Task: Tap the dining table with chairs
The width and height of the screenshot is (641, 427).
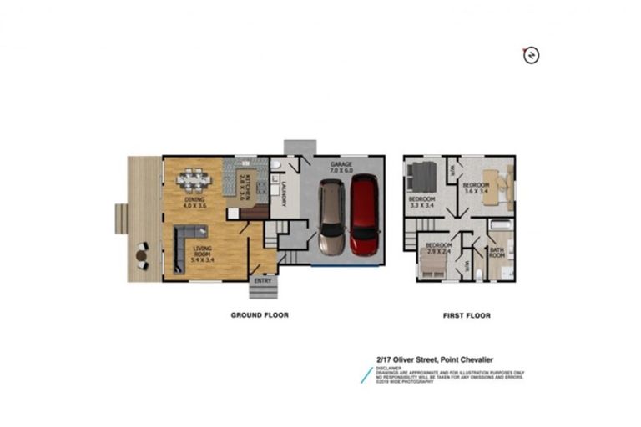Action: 194,179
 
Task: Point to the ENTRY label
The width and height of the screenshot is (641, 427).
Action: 262,281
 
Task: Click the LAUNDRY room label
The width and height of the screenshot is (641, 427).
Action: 285,193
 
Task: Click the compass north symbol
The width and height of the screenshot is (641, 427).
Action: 529,55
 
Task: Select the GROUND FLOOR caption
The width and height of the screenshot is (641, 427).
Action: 260,315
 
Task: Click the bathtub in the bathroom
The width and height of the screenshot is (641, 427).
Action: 501,224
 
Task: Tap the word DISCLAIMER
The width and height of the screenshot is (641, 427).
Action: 387,368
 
